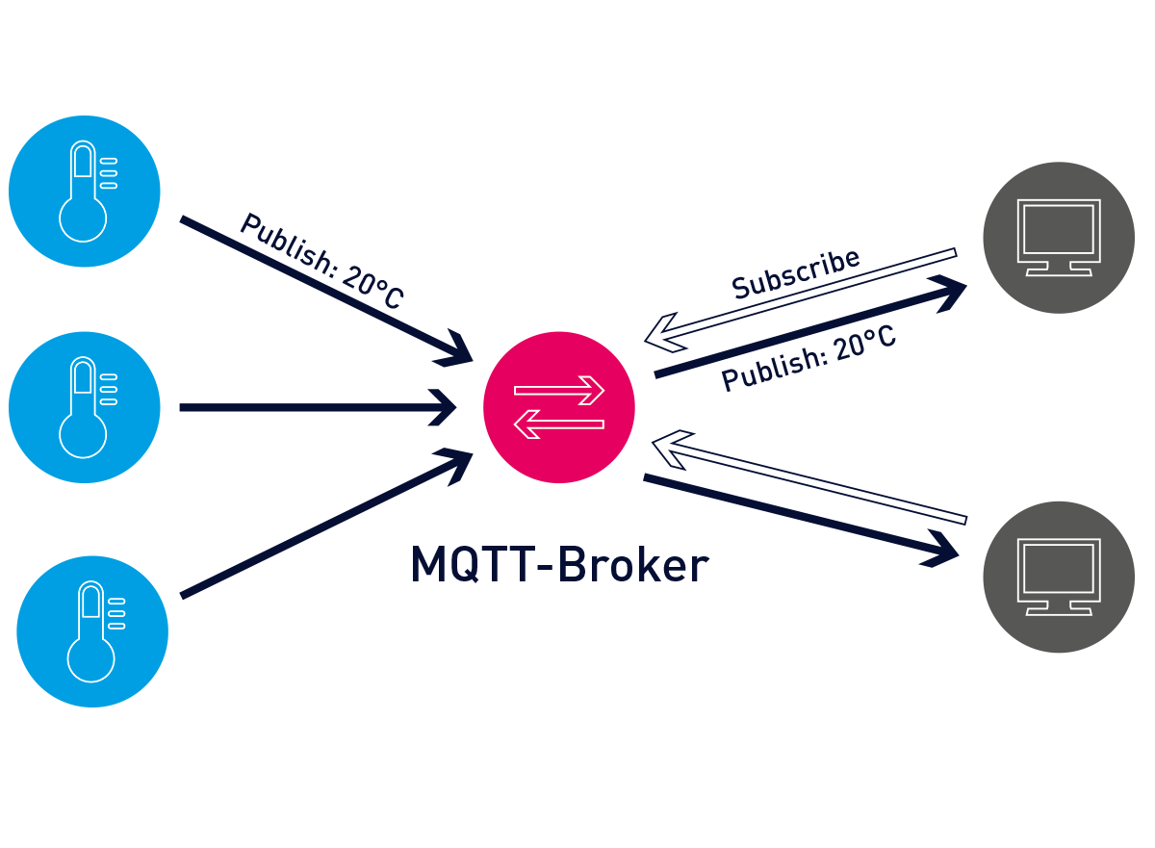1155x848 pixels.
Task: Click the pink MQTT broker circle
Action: (558, 407)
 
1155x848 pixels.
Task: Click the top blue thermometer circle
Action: (84, 191)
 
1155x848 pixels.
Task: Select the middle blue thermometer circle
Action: (84, 407)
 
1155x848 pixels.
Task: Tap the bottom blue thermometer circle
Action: (92, 631)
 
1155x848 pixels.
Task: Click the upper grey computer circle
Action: (1059, 237)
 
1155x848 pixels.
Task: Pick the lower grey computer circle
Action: (1059, 577)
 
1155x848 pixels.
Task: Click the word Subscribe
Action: (795, 274)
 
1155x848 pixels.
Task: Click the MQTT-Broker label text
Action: (558, 566)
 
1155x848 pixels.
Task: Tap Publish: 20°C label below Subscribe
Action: (808, 358)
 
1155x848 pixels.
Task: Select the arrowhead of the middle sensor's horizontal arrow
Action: (446, 407)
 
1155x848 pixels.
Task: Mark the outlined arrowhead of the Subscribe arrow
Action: (660, 333)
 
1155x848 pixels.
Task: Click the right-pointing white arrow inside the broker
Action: (559, 391)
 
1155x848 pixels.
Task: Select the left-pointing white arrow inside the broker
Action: (559, 424)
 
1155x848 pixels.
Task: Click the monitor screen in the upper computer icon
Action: (1059, 229)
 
